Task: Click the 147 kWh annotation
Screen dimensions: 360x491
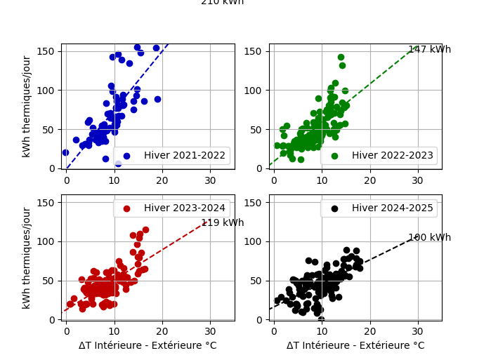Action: (x=429, y=50)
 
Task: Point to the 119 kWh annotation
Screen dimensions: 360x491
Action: (x=222, y=223)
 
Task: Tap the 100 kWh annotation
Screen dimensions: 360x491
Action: (x=429, y=238)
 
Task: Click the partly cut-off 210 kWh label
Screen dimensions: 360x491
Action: (x=222, y=2)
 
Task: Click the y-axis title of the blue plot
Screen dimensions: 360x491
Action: (x=27, y=106)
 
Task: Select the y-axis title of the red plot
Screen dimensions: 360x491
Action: (x=27, y=258)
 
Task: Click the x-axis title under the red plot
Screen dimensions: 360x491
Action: (x=148, y=346)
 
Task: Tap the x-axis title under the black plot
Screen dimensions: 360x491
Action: (x=355, y=346)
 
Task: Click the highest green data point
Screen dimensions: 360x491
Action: (x=341, y=58)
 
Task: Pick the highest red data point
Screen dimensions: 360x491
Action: (x=145, y=229)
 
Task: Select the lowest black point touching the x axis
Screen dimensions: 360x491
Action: (x=321, y=319)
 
